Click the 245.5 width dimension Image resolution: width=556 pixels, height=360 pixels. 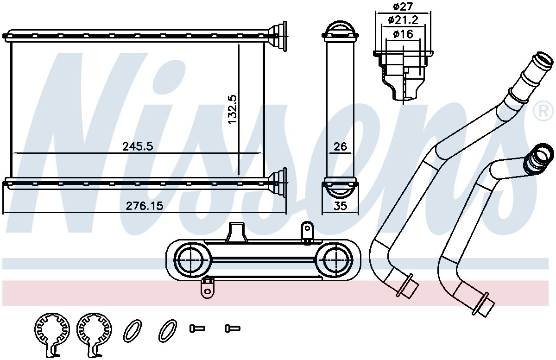138,146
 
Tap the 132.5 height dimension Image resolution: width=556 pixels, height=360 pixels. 233,109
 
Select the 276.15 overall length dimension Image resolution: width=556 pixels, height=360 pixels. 145,206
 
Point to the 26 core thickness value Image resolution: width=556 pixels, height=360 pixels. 340,146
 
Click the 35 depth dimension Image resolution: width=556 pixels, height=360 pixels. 340,206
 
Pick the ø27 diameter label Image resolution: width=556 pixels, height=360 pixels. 402,6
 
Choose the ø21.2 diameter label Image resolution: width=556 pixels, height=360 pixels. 403,20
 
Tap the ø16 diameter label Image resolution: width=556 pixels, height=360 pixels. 403,34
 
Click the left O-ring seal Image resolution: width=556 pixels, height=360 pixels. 133,331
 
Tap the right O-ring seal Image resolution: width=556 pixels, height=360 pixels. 168,331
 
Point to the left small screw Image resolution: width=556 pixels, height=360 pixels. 197,328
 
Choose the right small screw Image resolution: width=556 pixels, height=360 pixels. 233,328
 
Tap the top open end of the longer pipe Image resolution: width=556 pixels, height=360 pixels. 543,62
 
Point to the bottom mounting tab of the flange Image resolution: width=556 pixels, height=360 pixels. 207,288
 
